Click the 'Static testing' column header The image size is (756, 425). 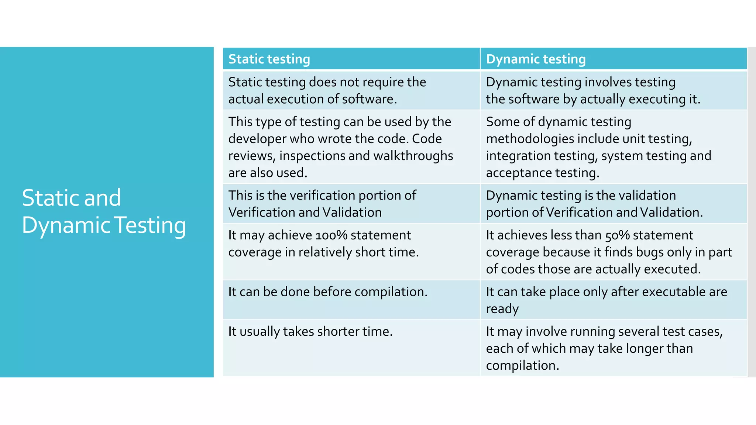tap(269, 59)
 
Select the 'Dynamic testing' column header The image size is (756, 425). tap(536, 59)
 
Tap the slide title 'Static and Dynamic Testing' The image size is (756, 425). tap(104, 211)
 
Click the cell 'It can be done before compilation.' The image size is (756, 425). tap(328, 292)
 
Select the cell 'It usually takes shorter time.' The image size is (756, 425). tap(310, 331)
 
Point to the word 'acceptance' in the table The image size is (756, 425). tap(519, 173)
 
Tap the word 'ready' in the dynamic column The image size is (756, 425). tap(502, 309)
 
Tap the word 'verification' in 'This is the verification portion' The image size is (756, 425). tap(318, 196)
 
